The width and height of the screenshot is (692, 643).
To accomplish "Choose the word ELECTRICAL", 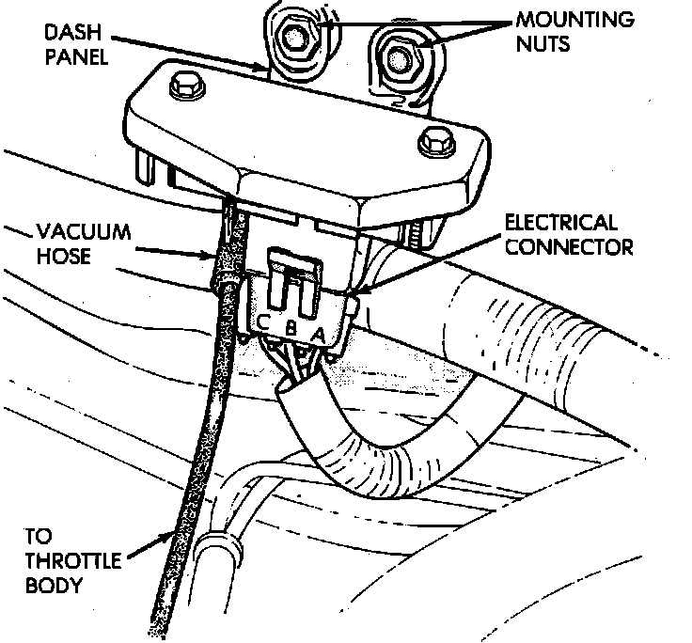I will [x=561, y=224].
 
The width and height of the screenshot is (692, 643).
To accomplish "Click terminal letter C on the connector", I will [x=265, y=321].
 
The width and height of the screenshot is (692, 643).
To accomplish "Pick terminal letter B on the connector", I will [x=292, y=329].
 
